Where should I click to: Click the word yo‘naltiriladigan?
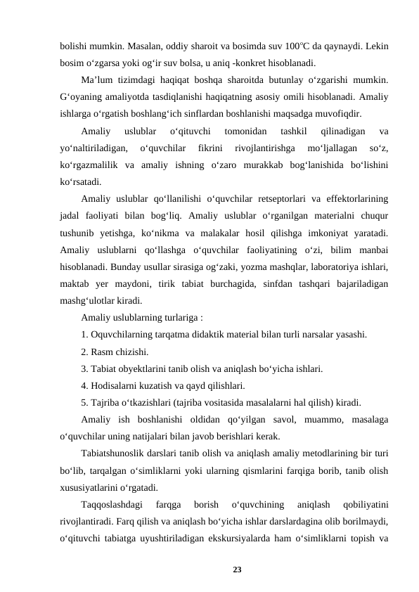point(94,148)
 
